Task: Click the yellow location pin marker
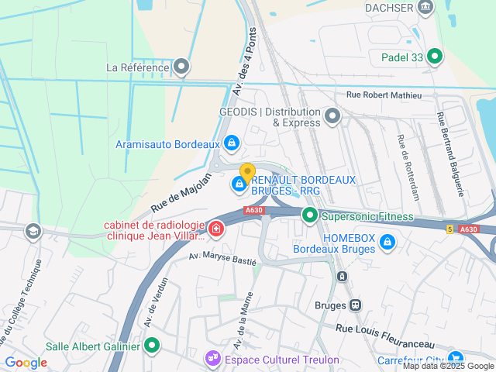point(247,174)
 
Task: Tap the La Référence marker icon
point(182,67)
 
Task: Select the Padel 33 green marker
point(436,56)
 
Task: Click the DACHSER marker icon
point(425,7)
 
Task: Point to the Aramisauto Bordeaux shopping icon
point(231,143)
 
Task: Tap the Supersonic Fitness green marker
point(310,215)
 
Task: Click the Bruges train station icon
point(356,305)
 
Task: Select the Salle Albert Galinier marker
point(153,346)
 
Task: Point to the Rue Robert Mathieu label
point(384,95)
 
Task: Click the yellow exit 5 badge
point(449,229)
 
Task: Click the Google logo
point(26,363)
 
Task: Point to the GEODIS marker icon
point(333,116)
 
